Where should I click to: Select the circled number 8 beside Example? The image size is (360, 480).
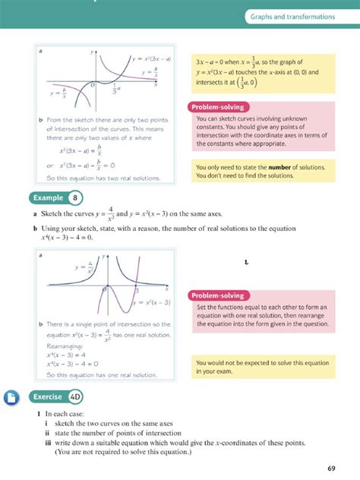click(75, 198)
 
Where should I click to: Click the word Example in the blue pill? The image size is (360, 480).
click(49, 198)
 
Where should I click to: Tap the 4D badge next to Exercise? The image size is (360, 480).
click(74, 396)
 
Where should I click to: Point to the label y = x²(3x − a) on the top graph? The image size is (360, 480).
click(151, 58)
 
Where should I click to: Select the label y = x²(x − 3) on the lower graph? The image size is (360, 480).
click(152, 303)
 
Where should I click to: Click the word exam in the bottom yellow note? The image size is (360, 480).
click(226, 371)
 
